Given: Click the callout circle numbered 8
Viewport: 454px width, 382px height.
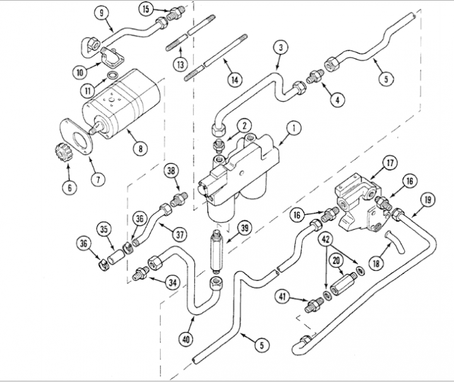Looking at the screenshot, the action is click(141, 148).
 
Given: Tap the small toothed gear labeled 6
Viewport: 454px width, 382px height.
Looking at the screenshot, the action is click(61, 152).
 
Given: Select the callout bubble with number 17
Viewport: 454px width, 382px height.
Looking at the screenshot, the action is click(390, 163).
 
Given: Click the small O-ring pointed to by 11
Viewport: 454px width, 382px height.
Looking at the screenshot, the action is click(112, 75).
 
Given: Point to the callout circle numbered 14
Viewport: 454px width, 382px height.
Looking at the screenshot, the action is click(235, 79).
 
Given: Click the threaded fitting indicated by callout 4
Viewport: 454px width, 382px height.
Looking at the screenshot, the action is click(315, 76).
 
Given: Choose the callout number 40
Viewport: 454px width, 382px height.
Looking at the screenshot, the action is click(185, 338).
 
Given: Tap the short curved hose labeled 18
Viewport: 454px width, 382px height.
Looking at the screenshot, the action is click(395, 242).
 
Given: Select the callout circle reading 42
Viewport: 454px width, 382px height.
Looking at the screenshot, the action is click(326, 239).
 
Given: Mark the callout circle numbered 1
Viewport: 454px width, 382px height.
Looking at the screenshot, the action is click(293, 128).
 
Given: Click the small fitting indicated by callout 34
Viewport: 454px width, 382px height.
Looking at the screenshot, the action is click(141, 274).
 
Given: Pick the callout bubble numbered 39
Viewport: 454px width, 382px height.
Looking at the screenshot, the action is click(245, 228).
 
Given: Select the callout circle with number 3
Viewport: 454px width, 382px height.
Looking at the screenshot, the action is click(280, 47).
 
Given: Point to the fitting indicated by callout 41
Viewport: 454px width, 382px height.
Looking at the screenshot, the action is click(313, 304).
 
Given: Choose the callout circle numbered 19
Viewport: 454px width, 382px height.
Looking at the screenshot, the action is click(428, 200).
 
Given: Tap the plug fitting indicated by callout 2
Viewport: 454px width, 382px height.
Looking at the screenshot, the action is click(219, 145).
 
